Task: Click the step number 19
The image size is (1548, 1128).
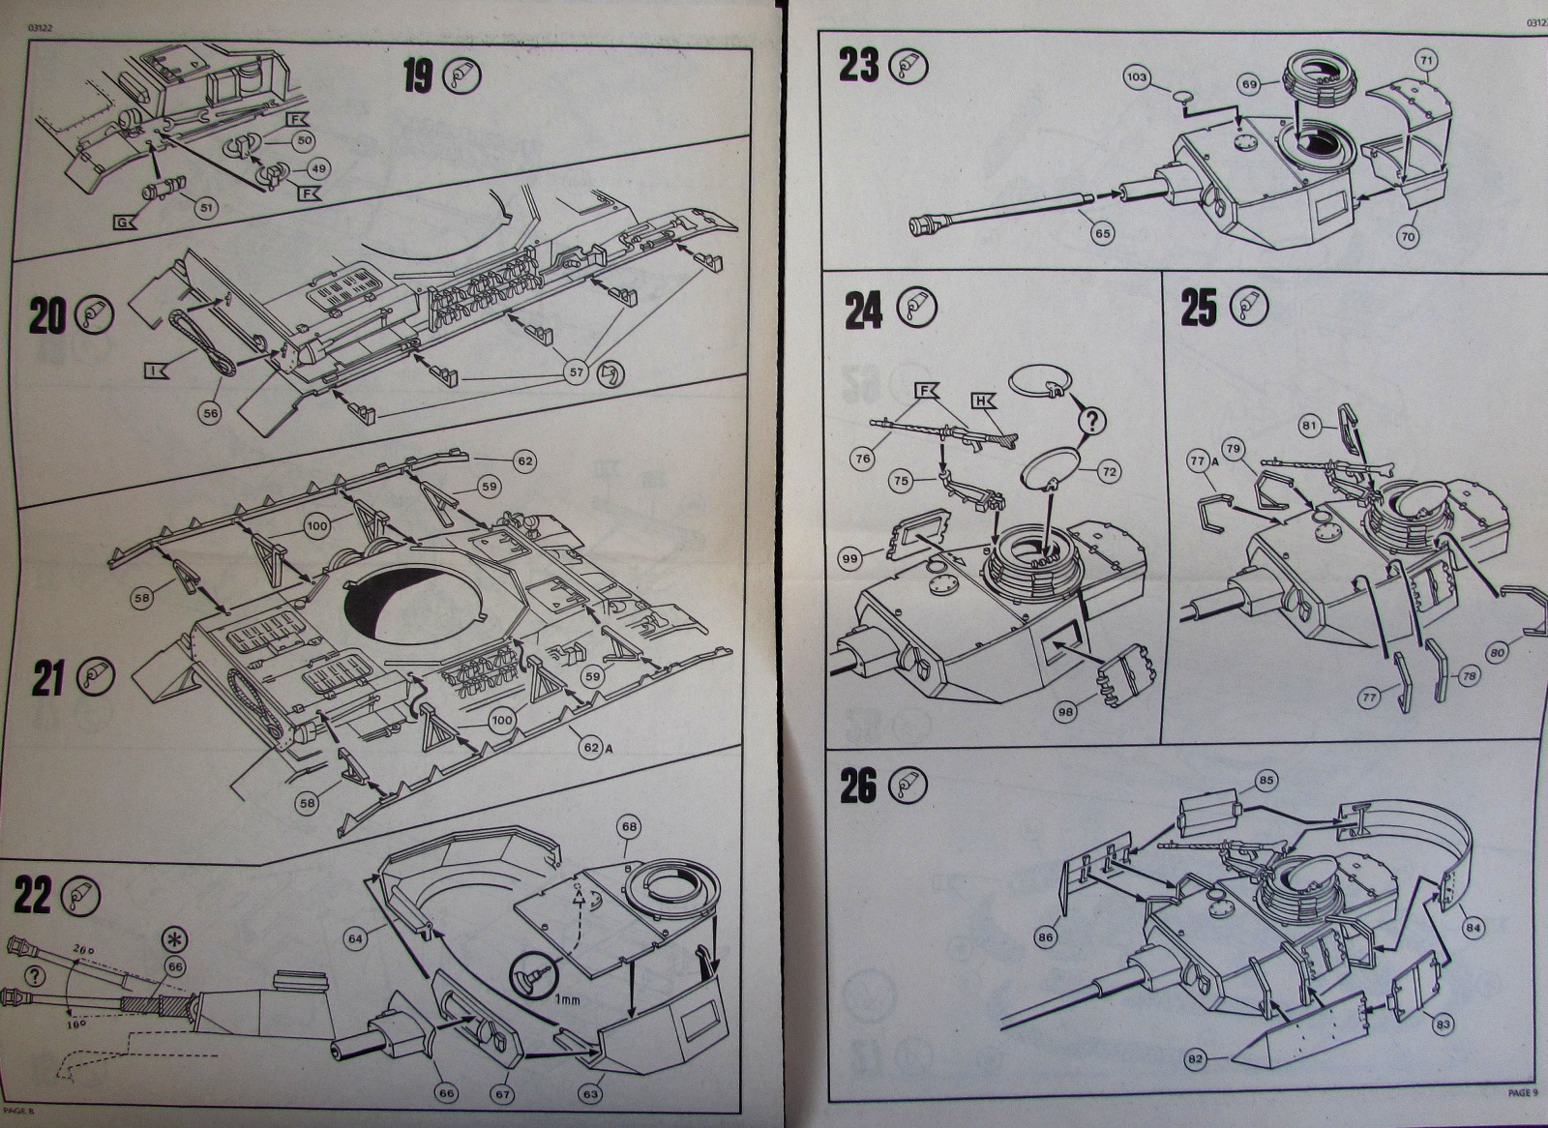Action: (418, 74)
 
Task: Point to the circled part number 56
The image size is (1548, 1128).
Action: (210, 410)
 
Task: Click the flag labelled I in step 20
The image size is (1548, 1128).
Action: (156, 368)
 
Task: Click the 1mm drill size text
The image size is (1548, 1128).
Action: (566, 999)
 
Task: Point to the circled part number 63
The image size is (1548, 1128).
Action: (592, 1093)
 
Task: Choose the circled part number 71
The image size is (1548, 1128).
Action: (1425, 60)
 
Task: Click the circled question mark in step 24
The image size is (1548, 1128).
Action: (1091, 420)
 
